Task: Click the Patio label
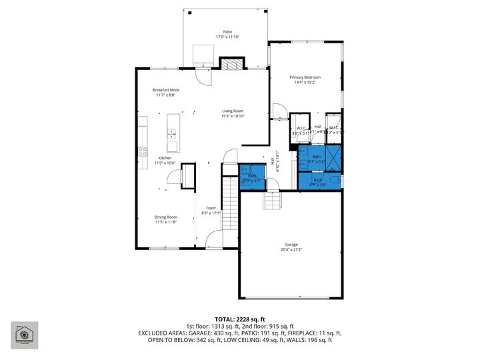point(227,31)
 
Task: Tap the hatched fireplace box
point(231,65)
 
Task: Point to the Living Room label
point(233,111)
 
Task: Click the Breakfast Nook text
point(165,90)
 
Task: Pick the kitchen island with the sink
point(173,133)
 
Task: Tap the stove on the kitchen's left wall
point(141,151)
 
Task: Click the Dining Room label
point(166,217)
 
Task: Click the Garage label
point(291,245)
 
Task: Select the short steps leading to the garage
point(272,199)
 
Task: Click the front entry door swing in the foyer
point(215,239)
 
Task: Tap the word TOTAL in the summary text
point(224,319)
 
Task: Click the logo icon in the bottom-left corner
point(24,335)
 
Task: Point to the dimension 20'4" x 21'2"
point(291,251)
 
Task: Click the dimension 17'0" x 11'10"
point(227,37)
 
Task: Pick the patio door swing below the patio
point(205,75)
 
